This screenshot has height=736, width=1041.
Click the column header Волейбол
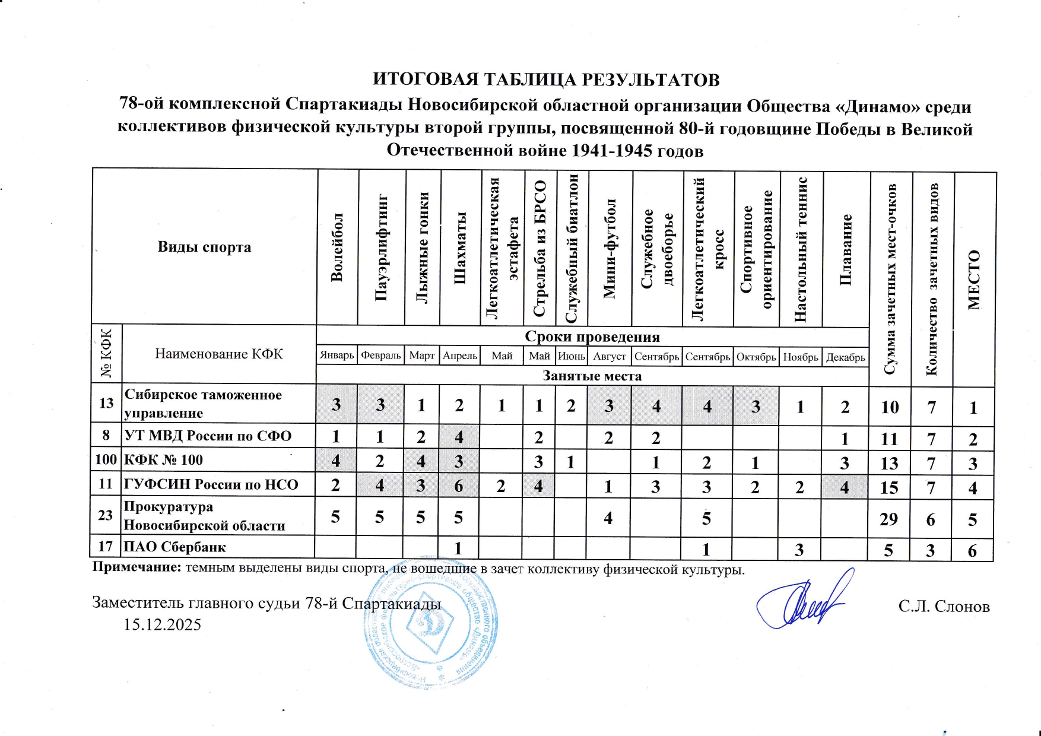[337, 246]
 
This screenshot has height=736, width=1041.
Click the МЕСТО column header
[974, 280]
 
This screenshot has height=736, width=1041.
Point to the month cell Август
[610, 357]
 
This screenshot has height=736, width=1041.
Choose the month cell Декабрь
[845, 357]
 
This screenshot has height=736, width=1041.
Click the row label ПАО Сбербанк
[175, 547]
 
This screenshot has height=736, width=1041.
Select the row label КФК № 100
[163, 460]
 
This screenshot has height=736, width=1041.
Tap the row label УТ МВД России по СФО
[208, 436]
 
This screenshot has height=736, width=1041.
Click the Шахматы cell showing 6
[459, 486]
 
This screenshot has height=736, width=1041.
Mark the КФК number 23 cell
[106, 515]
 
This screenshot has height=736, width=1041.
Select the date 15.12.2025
[162, 624]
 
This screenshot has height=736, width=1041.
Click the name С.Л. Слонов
[944, 606]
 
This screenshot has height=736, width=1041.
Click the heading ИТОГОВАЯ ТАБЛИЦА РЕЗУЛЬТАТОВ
[545, 80]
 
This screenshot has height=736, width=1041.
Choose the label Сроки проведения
[592, 337]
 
